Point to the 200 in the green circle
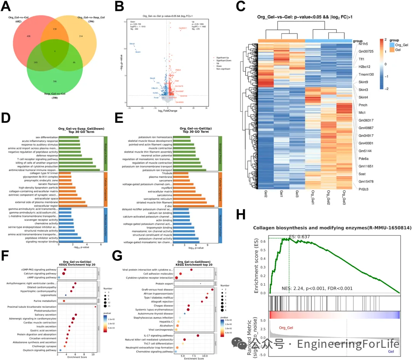55,82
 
